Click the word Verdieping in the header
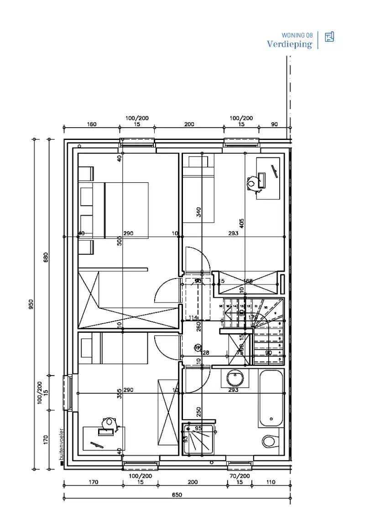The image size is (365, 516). tap(289, 44)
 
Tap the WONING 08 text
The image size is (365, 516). tap(297, 35)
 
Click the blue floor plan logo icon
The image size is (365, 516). tap(329, 37)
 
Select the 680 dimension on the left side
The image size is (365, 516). tap(46, 257)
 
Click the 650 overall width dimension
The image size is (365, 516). tap(177, 495)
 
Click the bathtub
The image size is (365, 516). tap(271, 398)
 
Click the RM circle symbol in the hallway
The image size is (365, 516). tap(198, 347)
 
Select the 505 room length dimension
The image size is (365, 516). tap(120, 240)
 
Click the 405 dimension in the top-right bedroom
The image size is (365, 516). tap(242, 223)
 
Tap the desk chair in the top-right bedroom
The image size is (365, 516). tap(251, 183)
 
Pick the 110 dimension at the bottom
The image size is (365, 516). tap(271, 482)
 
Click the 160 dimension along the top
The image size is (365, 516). tap(91, 124)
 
